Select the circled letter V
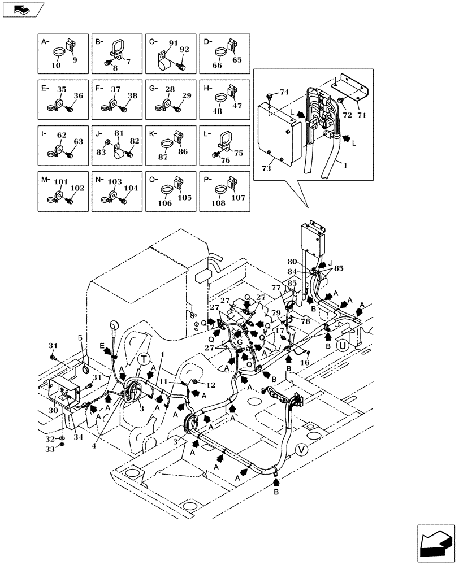click(301, 450)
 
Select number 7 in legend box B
click(128, 62)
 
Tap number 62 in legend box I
click(62, 135)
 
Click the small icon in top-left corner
click(22, 8)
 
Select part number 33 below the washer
click(50, 449)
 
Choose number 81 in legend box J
click(118, 134)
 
